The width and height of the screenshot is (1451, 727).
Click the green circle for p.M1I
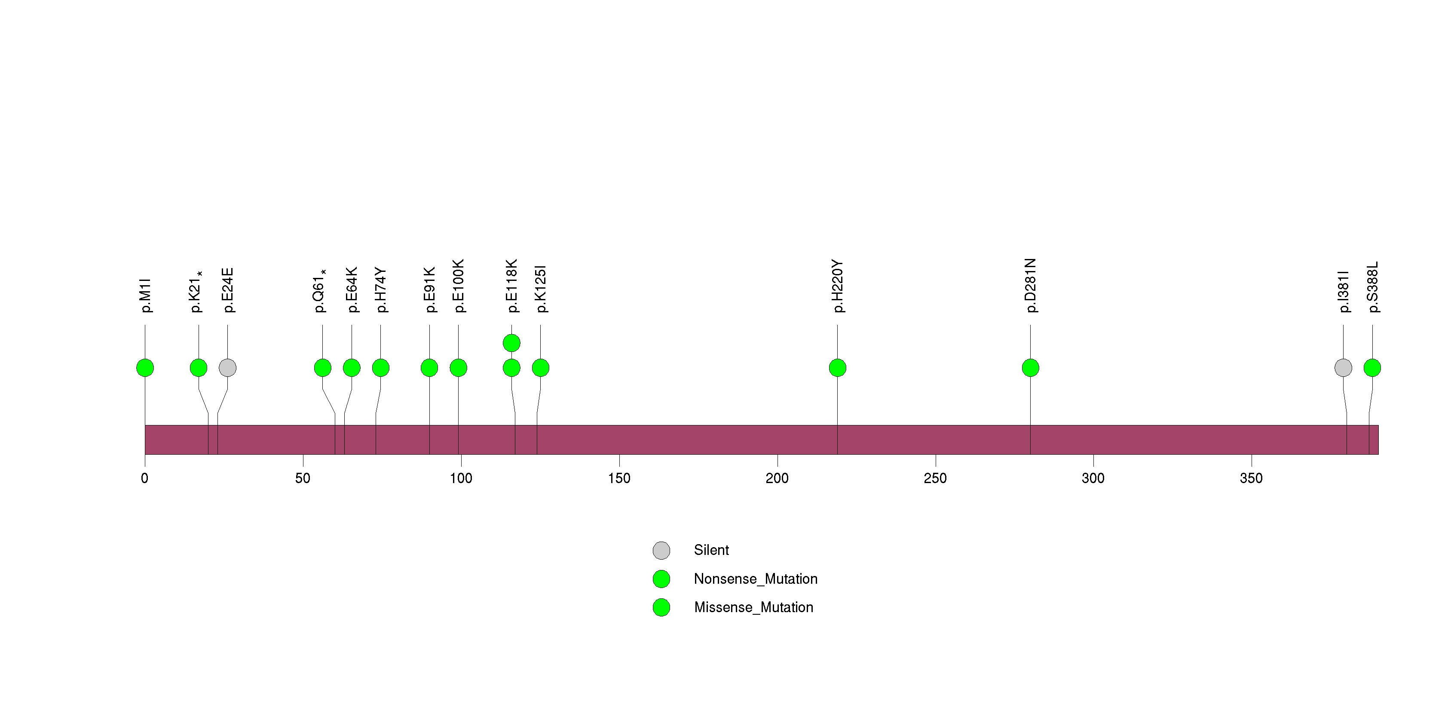145,368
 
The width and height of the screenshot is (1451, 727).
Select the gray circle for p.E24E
227,368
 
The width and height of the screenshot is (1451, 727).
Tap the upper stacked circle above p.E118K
511,343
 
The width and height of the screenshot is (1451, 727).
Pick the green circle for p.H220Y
838,368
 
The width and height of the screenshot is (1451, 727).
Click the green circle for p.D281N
1030,368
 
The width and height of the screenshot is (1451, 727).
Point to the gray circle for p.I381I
1344,368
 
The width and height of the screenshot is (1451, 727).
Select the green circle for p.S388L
1372,368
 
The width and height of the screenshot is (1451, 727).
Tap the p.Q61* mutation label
320,291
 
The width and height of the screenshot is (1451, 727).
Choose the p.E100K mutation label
459,286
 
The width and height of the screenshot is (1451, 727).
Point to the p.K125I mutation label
541,289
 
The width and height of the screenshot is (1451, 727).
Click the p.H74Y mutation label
381,290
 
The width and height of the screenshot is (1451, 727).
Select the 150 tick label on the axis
619,478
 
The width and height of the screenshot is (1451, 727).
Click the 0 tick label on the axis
145,478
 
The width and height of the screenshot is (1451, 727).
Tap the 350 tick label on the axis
1251,478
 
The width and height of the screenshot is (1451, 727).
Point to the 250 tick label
935,478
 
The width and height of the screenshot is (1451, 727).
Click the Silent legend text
711,550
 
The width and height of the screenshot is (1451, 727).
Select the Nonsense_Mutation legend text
755,579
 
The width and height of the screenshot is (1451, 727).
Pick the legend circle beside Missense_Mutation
661,607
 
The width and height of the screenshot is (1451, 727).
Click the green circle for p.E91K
429,368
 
